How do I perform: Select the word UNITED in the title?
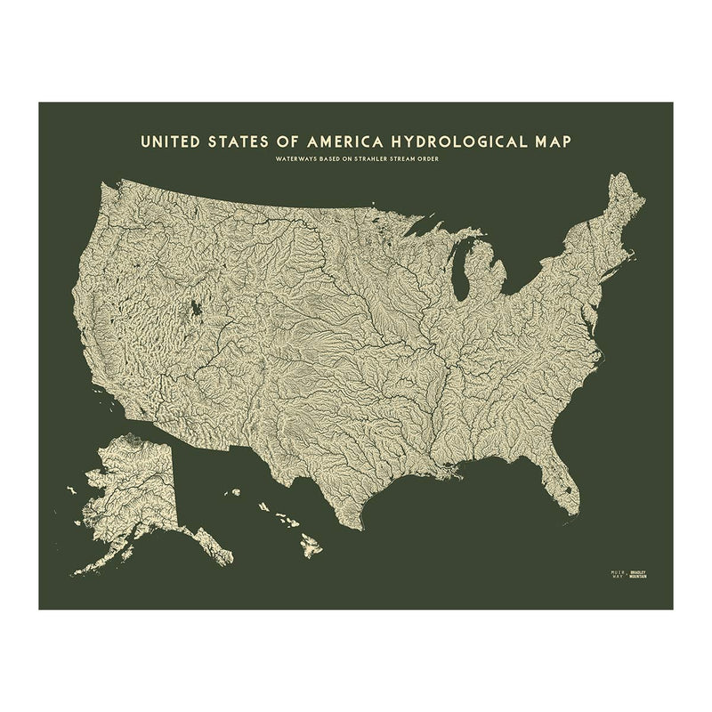point(166,141)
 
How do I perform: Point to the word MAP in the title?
point(549,141)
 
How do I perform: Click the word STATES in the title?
point(237,141)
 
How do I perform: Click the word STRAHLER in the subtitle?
point(368,159)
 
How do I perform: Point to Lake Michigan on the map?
point(461,272)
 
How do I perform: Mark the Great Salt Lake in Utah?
point(194,311)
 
